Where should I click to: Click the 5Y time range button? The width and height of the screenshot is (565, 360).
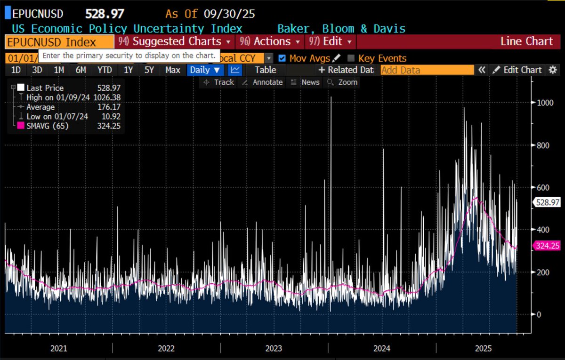[x=149, y=70]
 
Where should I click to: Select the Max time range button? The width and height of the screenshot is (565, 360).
[x=173, y=70]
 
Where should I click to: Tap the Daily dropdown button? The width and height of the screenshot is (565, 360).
[x=205, y=70]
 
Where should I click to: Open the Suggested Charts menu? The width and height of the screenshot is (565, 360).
[x=176, y=41]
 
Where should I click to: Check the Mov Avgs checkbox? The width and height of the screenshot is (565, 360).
[x=282, y=58]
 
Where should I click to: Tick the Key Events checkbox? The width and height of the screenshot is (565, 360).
[x=351, y=58]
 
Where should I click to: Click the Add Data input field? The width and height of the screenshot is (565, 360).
[x=427, y=70]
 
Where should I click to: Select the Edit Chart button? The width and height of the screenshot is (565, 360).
[x=517, y=70]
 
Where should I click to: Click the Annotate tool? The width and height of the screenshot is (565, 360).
[x=262, y=82]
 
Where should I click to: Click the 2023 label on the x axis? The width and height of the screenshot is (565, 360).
[x=274, y=349]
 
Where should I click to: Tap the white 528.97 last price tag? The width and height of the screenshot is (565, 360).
[x=548, y=202]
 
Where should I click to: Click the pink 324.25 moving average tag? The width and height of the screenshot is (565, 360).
[x=548, y=246]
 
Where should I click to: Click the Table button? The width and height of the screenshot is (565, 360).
[x=266, y=70]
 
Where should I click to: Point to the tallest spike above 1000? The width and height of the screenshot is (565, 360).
[x=331, y=98]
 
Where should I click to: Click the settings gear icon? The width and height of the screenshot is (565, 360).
[x=553, y=70]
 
